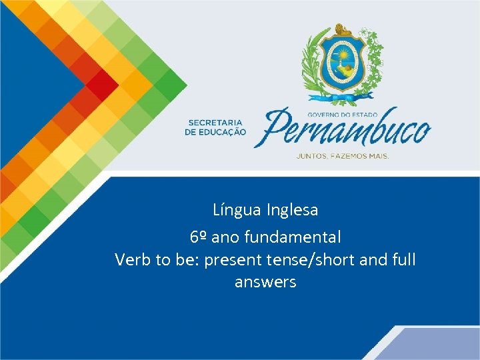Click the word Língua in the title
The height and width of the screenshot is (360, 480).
237,210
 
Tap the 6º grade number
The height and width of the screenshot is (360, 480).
198,237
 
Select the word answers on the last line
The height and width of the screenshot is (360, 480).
265,282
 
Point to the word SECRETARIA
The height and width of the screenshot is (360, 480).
217,123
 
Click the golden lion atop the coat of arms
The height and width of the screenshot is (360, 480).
343,29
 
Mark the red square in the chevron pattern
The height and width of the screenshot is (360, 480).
101,84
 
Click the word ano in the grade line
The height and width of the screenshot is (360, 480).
227,237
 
